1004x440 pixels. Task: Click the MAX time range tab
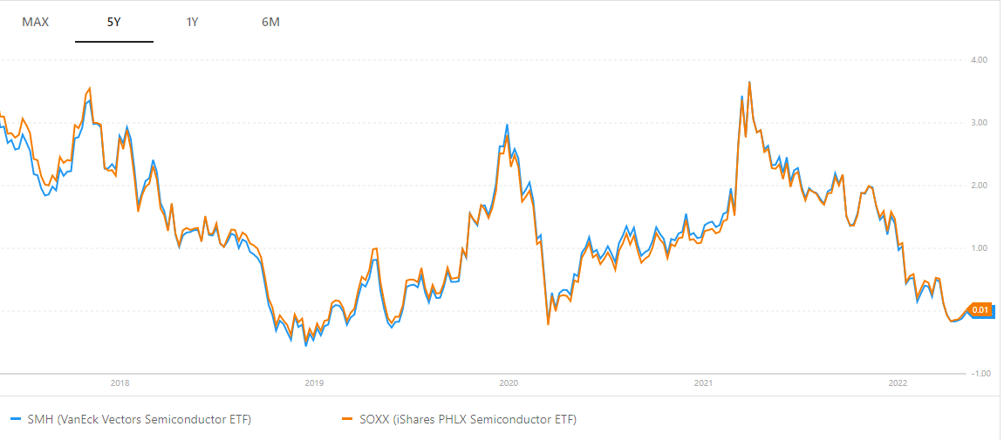tap(36, 22)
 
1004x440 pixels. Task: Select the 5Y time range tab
tap(113, 22)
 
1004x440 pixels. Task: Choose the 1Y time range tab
tap(192, 22)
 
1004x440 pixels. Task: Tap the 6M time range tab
tap(270, 22)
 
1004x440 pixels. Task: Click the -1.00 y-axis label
tap(977, 374)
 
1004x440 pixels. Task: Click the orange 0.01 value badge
tap(980, 310)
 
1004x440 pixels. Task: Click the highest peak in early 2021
tap(749, 82)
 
